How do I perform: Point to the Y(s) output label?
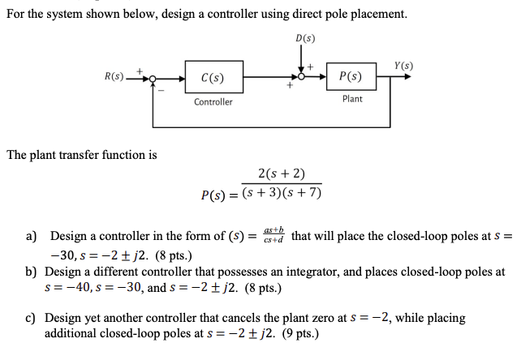tap(403, 65)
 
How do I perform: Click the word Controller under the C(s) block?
tap(213, 102)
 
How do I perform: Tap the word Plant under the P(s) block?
tap(352, 99)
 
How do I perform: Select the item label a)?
tap(32, 236)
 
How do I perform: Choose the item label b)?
tap(32, 272)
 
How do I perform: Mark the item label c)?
tap(32, 318)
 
